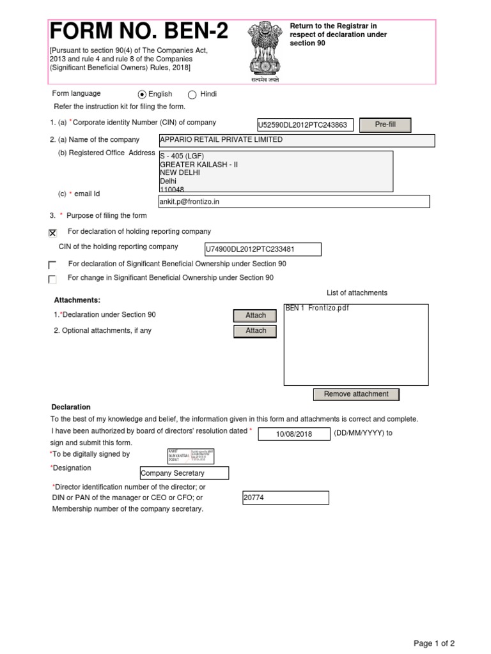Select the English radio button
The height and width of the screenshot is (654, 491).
coord(142,95)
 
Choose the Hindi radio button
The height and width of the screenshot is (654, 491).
coord(192,95)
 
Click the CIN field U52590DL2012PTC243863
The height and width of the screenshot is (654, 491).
coord(304,125)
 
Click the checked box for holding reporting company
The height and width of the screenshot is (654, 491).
coord(52,233)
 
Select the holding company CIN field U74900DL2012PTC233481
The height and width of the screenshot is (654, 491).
coord(262,249)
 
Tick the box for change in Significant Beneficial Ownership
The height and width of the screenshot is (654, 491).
coord(52,279)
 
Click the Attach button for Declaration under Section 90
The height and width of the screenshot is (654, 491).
coord(256,316)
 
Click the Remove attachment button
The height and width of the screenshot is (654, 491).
coord(356,395)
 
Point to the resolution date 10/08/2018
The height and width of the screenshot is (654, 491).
coord(293,434)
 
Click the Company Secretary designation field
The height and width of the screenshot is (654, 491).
coord(184,473)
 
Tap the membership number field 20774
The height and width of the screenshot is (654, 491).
coord(286,498)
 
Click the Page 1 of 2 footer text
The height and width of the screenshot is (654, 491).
coord(434,644)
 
